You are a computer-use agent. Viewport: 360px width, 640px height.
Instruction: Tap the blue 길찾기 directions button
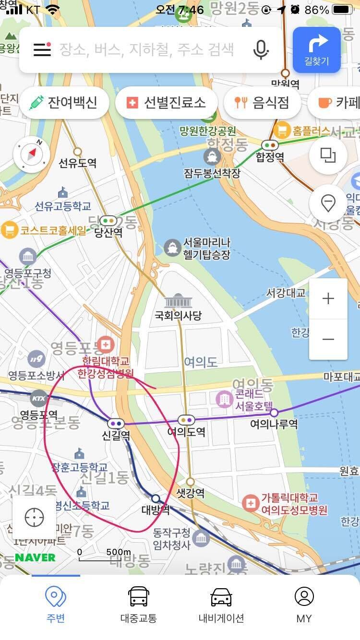316,49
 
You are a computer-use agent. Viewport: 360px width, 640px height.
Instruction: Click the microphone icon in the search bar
261,49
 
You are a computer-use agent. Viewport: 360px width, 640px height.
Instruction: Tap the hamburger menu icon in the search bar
42,49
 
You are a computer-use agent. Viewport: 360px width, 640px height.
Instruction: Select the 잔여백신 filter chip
64,102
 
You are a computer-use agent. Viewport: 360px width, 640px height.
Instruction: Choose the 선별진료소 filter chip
166,102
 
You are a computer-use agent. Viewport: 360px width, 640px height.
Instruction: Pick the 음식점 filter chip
262,102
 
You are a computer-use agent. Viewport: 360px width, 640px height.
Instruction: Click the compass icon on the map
32,154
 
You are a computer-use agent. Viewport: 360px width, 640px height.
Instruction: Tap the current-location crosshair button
34,518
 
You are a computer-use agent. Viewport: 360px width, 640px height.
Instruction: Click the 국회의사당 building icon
178,301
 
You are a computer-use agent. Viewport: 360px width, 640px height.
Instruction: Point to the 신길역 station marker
116,424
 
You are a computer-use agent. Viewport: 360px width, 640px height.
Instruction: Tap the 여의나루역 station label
274,424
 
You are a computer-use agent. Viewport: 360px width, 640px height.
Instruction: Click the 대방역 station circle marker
156,498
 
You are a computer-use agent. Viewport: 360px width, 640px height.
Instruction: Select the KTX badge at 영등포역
39,398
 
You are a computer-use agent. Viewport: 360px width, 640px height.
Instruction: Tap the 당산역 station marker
108,221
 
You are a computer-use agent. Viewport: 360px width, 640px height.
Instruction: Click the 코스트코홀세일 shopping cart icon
9,230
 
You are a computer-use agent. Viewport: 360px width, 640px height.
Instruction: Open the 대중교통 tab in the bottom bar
138,604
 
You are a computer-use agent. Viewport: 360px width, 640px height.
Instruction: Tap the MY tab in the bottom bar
304,604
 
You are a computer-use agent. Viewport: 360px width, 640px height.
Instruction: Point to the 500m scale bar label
118,553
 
